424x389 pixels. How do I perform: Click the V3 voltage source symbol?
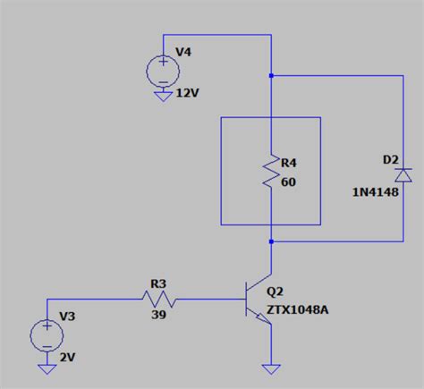46,335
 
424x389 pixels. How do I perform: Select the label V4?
182,53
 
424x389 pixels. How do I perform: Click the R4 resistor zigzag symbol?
270,172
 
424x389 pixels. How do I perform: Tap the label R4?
289,164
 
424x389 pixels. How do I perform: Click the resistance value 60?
287,182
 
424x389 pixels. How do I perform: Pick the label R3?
157,283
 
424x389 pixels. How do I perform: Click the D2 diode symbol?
403,175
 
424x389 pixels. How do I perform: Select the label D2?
390,160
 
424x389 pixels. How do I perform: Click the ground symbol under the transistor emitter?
269,367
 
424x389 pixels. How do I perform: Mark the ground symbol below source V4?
163,97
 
